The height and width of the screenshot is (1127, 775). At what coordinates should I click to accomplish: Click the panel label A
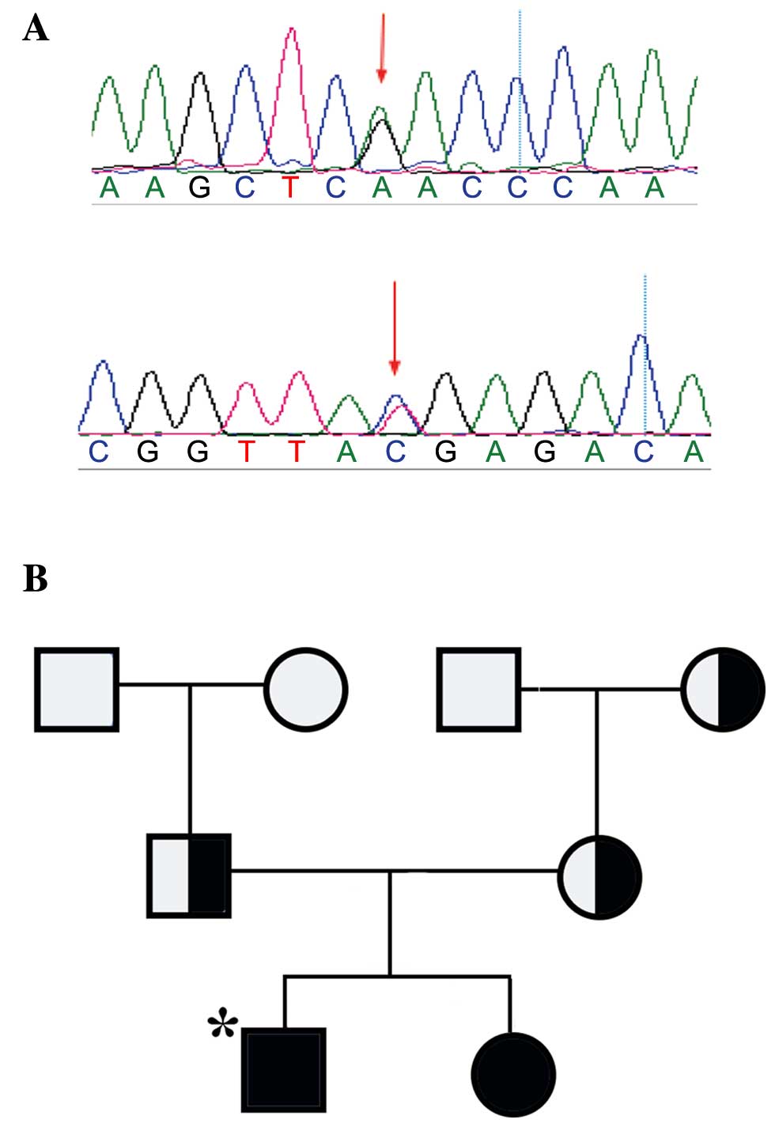click(36, 29)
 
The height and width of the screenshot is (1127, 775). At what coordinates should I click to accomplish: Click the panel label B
click(36, 578)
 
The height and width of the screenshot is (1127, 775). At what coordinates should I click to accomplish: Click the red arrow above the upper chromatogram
click(381, 47)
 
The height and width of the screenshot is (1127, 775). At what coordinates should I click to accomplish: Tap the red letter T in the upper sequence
click(291, 188)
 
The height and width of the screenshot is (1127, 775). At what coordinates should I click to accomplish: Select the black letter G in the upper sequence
click(200, 188)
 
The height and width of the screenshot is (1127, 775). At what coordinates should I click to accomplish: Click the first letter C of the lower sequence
click(98, 452)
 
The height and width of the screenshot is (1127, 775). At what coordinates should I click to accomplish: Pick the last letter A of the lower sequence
click(694, 452)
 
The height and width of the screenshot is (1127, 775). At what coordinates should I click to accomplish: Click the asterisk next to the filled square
click(222, 1025)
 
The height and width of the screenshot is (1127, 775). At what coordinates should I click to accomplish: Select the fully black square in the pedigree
click(284, 1069)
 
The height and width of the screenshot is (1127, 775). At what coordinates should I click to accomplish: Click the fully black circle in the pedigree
click(513, 1075)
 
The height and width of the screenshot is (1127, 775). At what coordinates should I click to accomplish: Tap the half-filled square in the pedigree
click(190, 876)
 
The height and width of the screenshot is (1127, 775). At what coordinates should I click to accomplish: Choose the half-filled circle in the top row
click(722, 689)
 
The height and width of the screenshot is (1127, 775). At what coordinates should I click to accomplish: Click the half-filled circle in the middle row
click(599, 877)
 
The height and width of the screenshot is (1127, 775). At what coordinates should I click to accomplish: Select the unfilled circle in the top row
click(305, 689)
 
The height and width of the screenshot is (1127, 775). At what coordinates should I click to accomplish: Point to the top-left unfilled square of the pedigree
click(77, 689)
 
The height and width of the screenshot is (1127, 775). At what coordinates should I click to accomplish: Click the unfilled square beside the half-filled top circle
click(478, 689)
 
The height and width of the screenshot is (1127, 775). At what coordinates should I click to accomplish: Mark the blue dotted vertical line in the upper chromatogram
click(520, 87)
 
